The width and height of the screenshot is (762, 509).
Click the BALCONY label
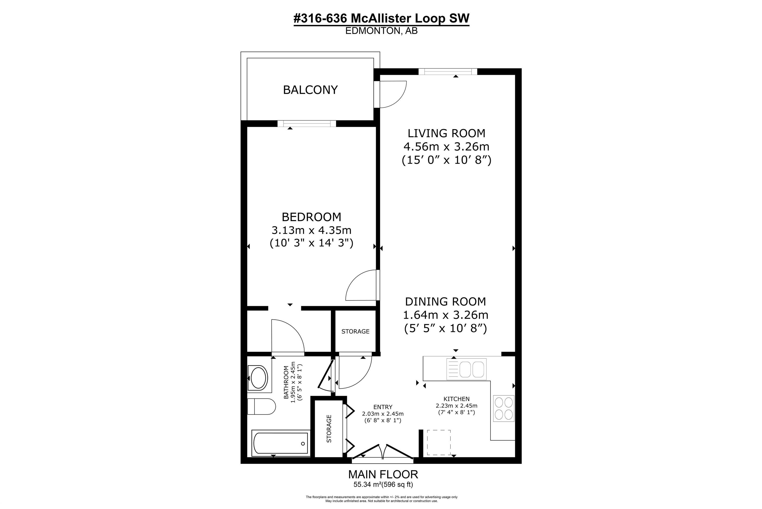point(310,90)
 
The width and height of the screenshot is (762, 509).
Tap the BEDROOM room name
point(311,217)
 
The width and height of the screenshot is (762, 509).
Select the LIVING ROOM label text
point(446,133)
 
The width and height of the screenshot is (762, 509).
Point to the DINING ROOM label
point(445,302)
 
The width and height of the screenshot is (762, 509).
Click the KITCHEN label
point(456,399)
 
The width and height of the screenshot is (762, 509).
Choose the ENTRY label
point(383,407)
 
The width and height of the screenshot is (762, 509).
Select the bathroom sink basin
point(258,378)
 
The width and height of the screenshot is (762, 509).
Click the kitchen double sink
point(466,369)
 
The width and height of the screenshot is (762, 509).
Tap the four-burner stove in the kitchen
point(504,408)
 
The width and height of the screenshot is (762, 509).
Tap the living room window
point(447,71)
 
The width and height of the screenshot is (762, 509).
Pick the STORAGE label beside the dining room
point(355,331)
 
